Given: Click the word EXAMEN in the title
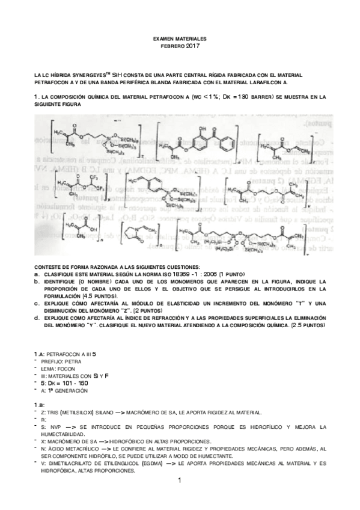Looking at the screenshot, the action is tap(165, 38).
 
